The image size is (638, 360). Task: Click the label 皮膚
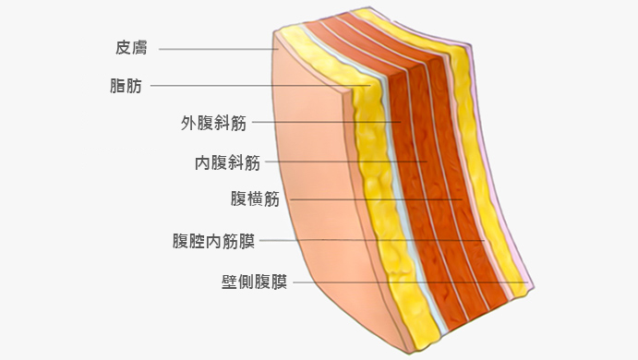(x=132, y=47)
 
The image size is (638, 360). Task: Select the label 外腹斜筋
(x=213, y=123)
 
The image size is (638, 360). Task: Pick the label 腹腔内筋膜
(x=213, y=241)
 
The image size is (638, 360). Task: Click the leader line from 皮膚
(x=217, y=48)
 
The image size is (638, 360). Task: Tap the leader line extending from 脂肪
(x=259, y=87)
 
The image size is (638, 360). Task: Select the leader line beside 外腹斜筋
(x=323, y=123)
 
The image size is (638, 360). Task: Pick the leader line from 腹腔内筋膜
(x=369, y=241)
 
